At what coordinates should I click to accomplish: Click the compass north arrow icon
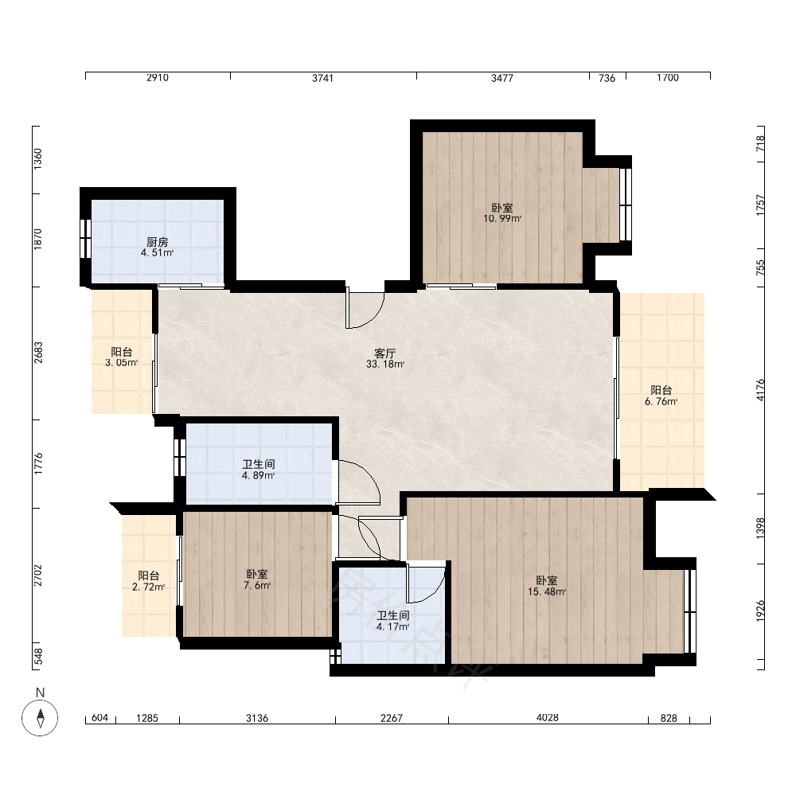40,718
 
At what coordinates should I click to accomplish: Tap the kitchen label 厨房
158,242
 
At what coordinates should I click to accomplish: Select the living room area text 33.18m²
385,365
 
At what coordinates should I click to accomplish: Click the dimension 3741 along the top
323,78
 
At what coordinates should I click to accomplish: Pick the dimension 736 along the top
607,78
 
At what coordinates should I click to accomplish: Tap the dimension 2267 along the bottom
392,718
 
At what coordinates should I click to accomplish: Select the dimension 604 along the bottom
100,718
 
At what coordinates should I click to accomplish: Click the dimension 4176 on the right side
760,390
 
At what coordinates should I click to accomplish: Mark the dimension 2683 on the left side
38,353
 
